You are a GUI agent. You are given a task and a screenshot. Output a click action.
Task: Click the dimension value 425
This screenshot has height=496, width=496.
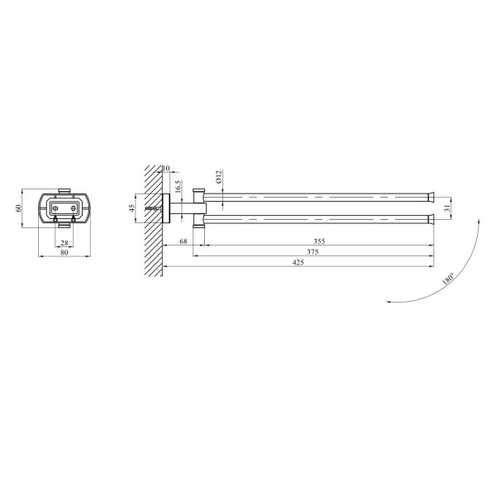click(298, 262)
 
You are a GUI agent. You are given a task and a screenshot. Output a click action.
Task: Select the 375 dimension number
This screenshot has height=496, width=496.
click(312, 252)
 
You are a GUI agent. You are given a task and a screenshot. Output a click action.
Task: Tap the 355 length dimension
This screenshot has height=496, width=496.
click(319, 241)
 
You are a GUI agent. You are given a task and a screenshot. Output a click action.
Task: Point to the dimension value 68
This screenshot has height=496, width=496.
click(184, 241)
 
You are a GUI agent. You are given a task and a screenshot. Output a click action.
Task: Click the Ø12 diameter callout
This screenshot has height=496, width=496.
click(219, 177)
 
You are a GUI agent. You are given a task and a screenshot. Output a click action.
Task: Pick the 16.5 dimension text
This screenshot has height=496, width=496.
click(178, 187)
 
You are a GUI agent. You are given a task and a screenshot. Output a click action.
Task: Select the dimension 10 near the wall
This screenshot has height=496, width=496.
click(166, 168)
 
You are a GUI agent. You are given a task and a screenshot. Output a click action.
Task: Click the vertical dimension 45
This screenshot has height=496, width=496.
click(132, 208)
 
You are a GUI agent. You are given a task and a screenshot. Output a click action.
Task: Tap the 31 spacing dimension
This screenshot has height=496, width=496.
click(447, 207)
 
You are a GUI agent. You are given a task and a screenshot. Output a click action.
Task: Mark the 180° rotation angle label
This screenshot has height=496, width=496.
click(448, 279)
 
